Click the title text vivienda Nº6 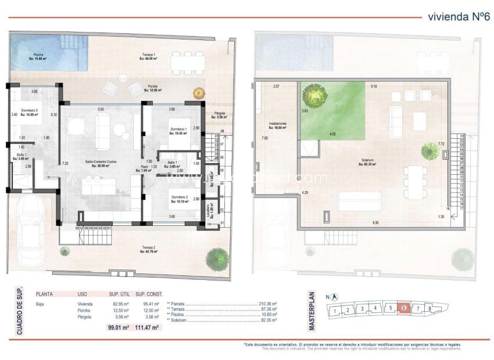tap(457, 17)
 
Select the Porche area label tap(151, 88)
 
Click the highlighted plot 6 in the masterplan tap(404, 308)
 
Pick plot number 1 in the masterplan tap(335, 312)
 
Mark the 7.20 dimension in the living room tap(65, 164)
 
